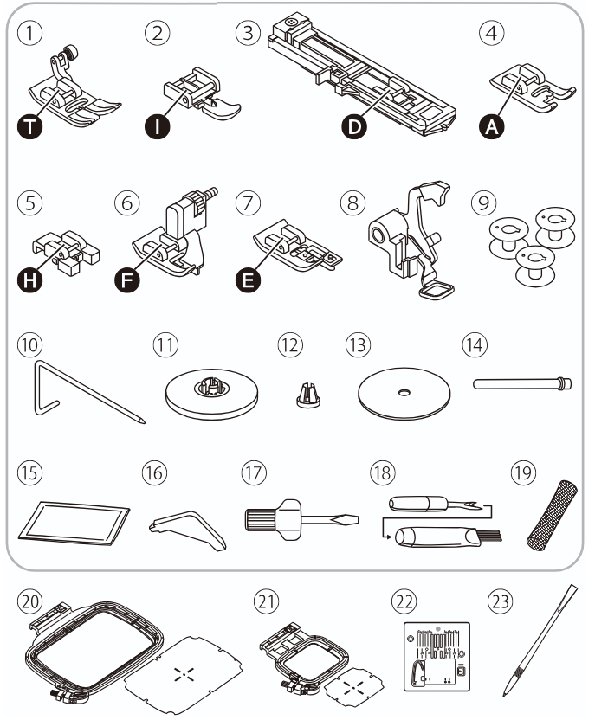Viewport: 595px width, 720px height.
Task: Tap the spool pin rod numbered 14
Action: [x=522, y=382]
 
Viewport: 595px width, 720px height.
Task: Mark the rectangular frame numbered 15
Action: [x=73, y=524]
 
